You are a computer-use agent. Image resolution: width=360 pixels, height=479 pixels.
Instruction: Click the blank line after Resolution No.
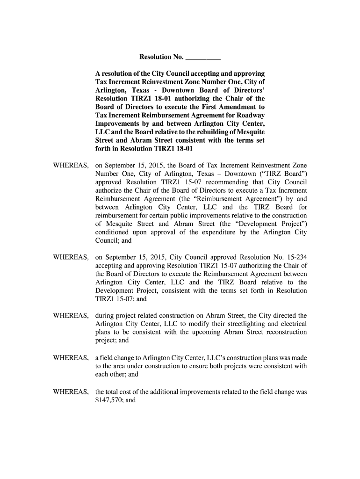pyautogui.click(x=203, y=58)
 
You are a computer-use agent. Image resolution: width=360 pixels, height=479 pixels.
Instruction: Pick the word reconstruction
pyautogui.click(x=285, y=332)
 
